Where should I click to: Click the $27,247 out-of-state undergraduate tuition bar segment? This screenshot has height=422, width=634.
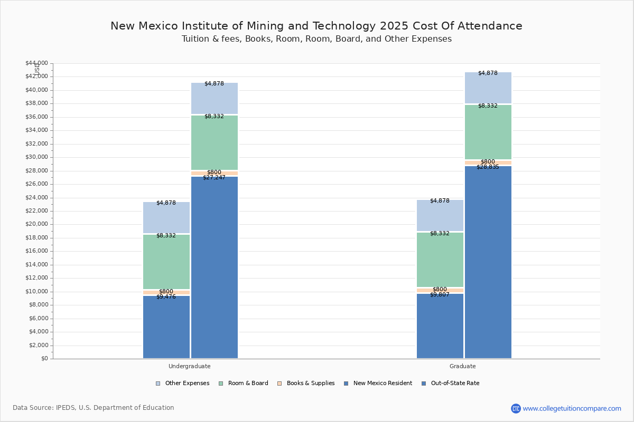(215, 267)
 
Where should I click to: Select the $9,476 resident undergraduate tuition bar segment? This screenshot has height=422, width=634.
(166, 327)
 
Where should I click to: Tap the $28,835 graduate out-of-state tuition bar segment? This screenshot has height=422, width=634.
(488, 262)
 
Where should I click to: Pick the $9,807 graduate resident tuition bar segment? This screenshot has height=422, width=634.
(440, 326)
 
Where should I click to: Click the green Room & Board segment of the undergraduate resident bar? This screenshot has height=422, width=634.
(166, 262)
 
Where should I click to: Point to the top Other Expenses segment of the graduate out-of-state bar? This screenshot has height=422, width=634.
(488, 88)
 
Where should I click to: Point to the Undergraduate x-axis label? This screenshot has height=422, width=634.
(190, 366)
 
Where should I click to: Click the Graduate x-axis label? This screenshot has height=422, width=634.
(463, 366)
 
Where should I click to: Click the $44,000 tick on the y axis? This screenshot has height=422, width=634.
(36, 63)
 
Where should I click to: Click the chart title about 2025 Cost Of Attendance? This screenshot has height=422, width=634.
(316, 26)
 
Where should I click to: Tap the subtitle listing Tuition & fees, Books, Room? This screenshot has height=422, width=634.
(316, 39)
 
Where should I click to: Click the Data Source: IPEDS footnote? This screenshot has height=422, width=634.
(94, 408)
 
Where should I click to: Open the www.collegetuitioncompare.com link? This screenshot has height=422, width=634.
(572, 408)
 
